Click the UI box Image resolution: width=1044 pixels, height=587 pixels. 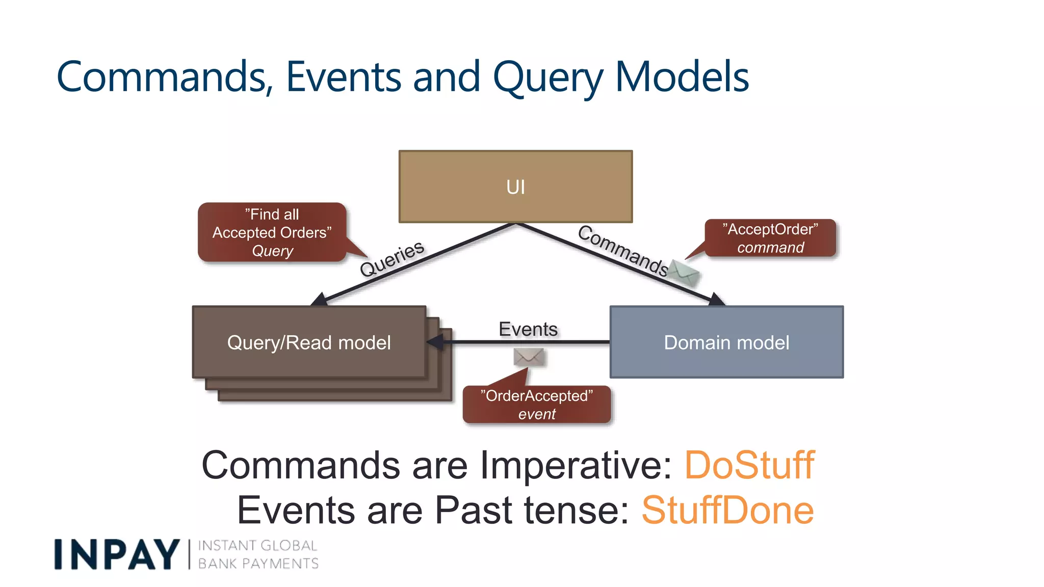point(515,186)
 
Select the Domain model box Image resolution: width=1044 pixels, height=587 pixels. point(726,342)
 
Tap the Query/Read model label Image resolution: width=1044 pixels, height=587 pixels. point(309,342)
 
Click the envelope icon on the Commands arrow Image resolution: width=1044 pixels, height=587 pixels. point(684,273)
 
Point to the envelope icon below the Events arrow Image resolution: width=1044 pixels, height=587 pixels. point(529,357)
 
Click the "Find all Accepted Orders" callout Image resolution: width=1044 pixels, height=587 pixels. point(272,232)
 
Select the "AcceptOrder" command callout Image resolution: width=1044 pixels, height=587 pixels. point(770,238)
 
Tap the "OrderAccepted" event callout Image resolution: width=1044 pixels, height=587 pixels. point(536,405)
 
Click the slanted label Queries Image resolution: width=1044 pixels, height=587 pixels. point(392,258)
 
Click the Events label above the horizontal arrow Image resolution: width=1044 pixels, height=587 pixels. point(528,329)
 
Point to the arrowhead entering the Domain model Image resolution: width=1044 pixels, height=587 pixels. point(716,300)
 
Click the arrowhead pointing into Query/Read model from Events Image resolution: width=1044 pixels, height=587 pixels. point(435,342)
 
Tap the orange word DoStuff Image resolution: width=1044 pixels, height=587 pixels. point(749,465)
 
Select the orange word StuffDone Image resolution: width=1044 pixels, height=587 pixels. point(727,511)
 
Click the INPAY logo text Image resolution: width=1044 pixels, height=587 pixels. point(117,554)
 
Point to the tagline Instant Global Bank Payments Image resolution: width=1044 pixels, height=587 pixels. point(258,554)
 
